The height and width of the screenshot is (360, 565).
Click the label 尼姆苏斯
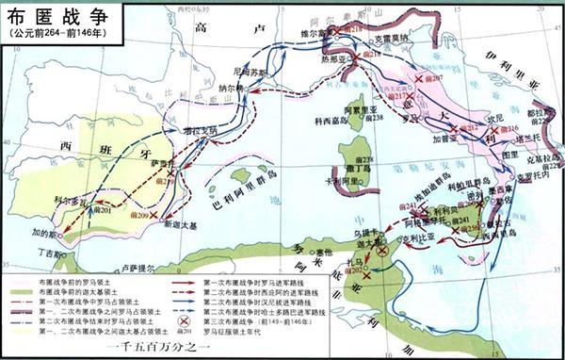click(250, 72)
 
